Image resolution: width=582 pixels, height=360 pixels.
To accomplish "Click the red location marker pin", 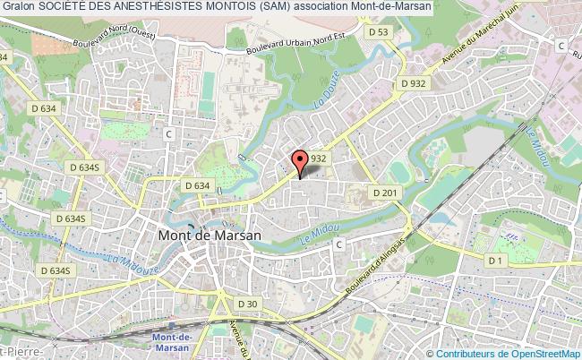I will point(300,161).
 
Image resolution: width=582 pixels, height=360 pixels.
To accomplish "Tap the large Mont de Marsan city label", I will point(210,236).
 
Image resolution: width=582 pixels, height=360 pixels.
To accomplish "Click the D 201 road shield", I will point(383,192).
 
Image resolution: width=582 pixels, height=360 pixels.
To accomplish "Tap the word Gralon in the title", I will point(20,6).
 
